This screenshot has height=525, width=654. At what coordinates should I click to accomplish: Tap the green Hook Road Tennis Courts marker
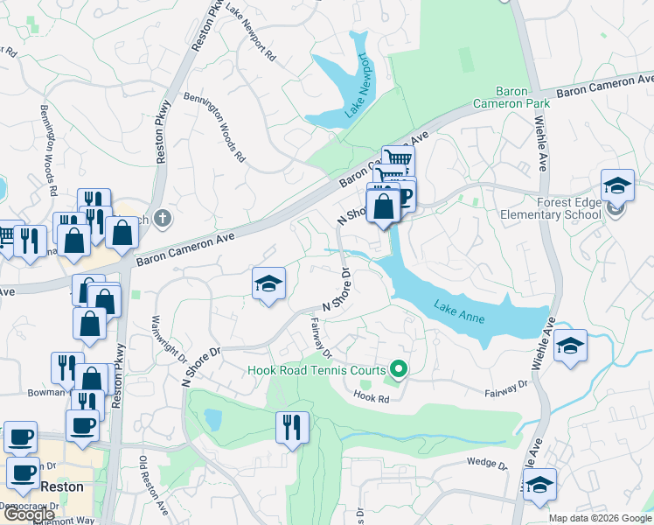(399, 370)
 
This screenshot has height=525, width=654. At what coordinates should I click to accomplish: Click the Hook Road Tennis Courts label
(317, 370)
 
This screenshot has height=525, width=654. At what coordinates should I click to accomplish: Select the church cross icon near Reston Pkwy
(161, 218)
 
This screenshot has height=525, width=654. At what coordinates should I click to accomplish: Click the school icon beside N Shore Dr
(269, 283)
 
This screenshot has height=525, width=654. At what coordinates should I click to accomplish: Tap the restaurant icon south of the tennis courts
(292, 427)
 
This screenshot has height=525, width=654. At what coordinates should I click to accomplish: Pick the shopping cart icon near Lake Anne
(398, 160)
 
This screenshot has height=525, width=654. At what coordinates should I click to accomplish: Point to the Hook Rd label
(371, 397)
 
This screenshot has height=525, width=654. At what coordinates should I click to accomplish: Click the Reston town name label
(59, 486)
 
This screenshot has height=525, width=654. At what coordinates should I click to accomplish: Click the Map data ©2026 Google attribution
(600, 518)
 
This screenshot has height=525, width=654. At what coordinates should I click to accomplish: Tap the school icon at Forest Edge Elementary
(617, 185)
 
